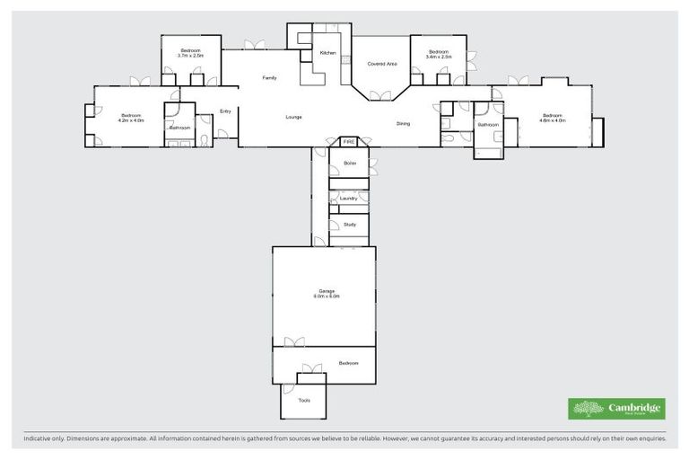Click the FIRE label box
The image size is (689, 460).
click(x=349, y=142)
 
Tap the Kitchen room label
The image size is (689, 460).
click(x=328, y=53)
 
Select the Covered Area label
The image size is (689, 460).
click(x=382, y=64)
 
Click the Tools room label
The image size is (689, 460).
click(x=304, y=400)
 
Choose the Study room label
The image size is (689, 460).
click(x=350, y=224)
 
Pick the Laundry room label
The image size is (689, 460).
click(x=349, y=198)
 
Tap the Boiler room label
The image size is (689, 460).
click(x=350, y=163)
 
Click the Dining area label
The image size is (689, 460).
click(x=403, y=123)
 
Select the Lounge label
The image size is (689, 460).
click(x=293, y=117)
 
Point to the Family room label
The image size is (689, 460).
click(x=269, y=78)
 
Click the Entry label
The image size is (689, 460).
click(x=225, y=111)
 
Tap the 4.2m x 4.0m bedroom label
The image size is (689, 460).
click(x=132, y=117)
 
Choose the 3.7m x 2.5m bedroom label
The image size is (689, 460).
click(x=190, y=53)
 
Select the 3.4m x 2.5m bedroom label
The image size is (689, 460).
click(x=438, y=54)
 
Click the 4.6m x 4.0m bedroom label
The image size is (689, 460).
click(x=552, y=117)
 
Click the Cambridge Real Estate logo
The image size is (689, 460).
click(x=617, y=409)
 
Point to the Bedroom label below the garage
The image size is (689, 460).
click(x=349, y=362)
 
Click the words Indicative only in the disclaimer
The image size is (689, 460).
click(x=46, y=439)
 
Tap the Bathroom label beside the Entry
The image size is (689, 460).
click(x=179, y=128)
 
